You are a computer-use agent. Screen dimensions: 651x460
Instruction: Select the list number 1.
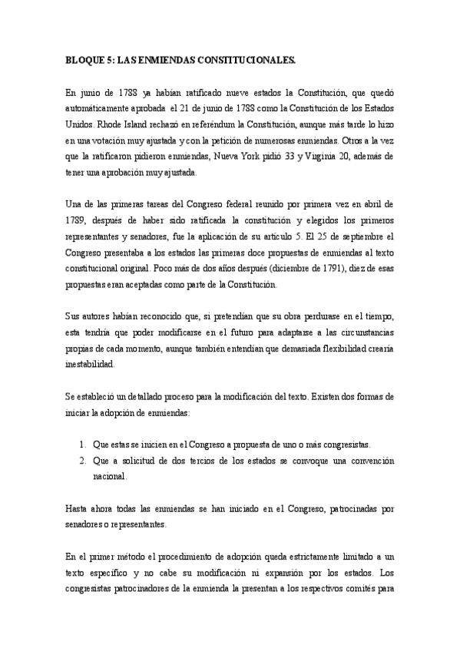tap(83, 444)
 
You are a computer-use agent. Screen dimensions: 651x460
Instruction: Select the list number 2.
tap(83, 461)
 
